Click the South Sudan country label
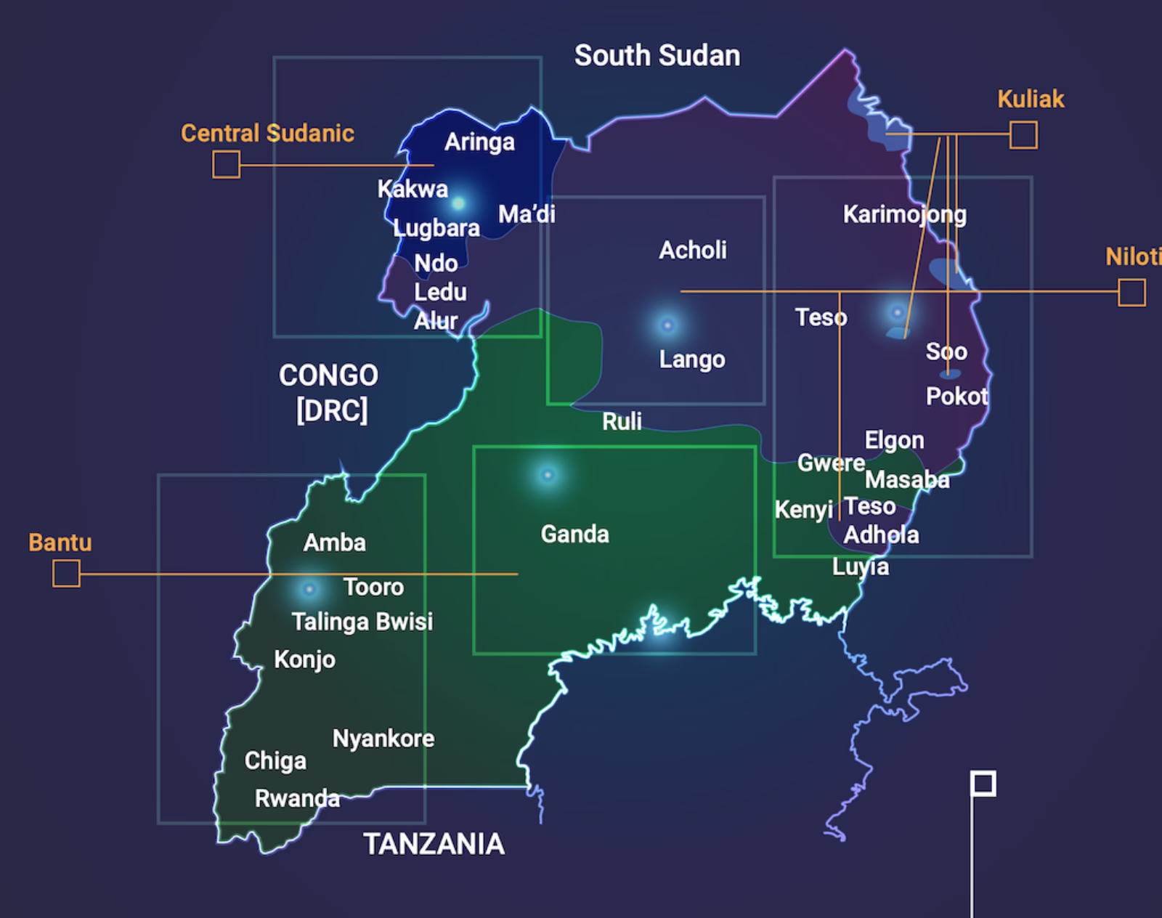tap(657, 56)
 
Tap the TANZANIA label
tap(434, 844)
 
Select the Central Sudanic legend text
tap(267, 133)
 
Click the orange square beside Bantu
tap(66, 574)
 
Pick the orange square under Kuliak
tap(1023, 135)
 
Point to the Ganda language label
tap(574, 535)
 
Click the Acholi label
tap(692, 251)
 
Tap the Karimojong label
tap(904, 214)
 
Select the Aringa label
tap(479, 142)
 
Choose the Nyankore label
tap(383, 739)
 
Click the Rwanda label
tap(297, 799)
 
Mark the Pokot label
tap(956, 397)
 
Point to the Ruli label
tap(622, 421)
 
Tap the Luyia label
tap(860, 566)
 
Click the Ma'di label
tap(527, 214)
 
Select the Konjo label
tap(304, 659)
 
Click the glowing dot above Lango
tap(667, 325)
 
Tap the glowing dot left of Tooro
tap(309, 588)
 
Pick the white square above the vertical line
tap(983, 784)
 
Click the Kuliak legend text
tap(1031, 99)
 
